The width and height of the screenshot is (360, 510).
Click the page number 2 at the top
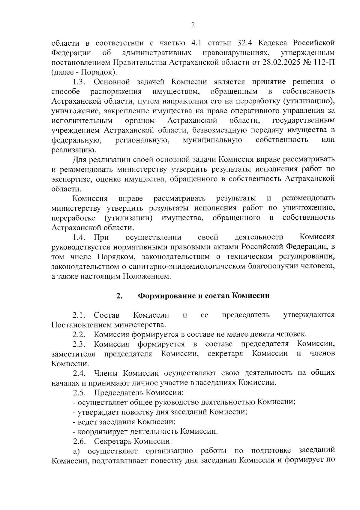[193, 25]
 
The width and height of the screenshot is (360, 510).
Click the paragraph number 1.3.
[80, 82]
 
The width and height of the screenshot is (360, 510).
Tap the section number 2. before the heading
[119, 296]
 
